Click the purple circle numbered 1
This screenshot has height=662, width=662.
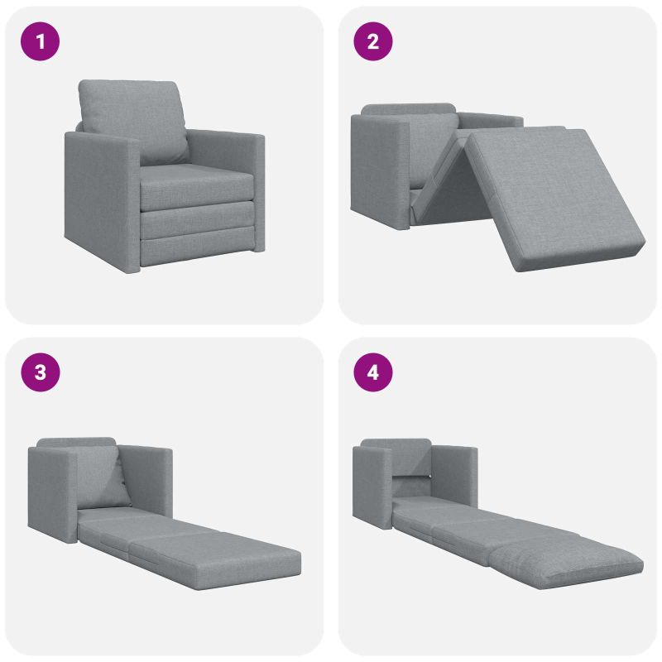tap(40, 41)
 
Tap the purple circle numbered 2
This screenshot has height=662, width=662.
tap(373, 41)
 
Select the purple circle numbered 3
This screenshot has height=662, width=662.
tap(40, 372)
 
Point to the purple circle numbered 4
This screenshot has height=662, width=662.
tap(373, 372)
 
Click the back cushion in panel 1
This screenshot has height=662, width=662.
tap(134, 120)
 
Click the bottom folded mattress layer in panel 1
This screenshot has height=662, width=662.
tap(198, 250)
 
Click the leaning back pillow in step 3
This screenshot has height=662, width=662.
tap(101, 477)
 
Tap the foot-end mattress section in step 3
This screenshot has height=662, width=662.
tap(215, 558)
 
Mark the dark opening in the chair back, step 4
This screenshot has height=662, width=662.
tap(411, 486)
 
